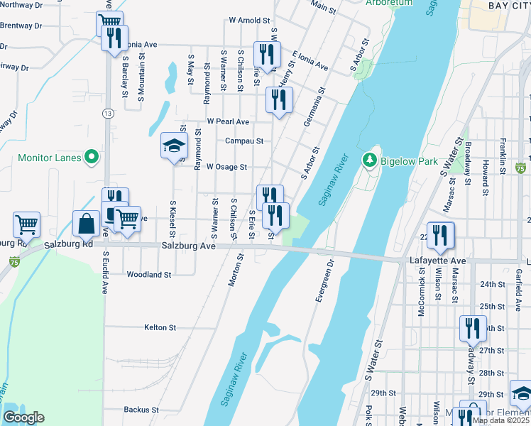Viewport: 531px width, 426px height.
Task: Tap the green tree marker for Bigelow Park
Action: pyautogui.click(x=368, y=160)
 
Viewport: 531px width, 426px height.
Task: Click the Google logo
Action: pyautogui.click(x=23, y=417)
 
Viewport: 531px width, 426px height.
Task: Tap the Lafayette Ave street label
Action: pyautogui.click(x=437, y=261)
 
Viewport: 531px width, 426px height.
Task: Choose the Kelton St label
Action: pyautogui.click(x=160, y=327)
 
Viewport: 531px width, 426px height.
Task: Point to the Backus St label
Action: pyautogui.click(x=139, y=409)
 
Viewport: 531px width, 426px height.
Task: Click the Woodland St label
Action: pyautogui.click(x=149, y=274)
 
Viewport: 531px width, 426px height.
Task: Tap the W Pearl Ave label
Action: pyautogui.click(x=228, y=121)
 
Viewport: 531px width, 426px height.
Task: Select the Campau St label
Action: pyautogui.click(x=244, y=141)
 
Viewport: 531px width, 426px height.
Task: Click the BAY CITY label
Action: pyautogui.click(x=508, y=6)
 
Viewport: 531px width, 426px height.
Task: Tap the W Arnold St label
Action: pyautogui.click(x=249, y=21)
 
